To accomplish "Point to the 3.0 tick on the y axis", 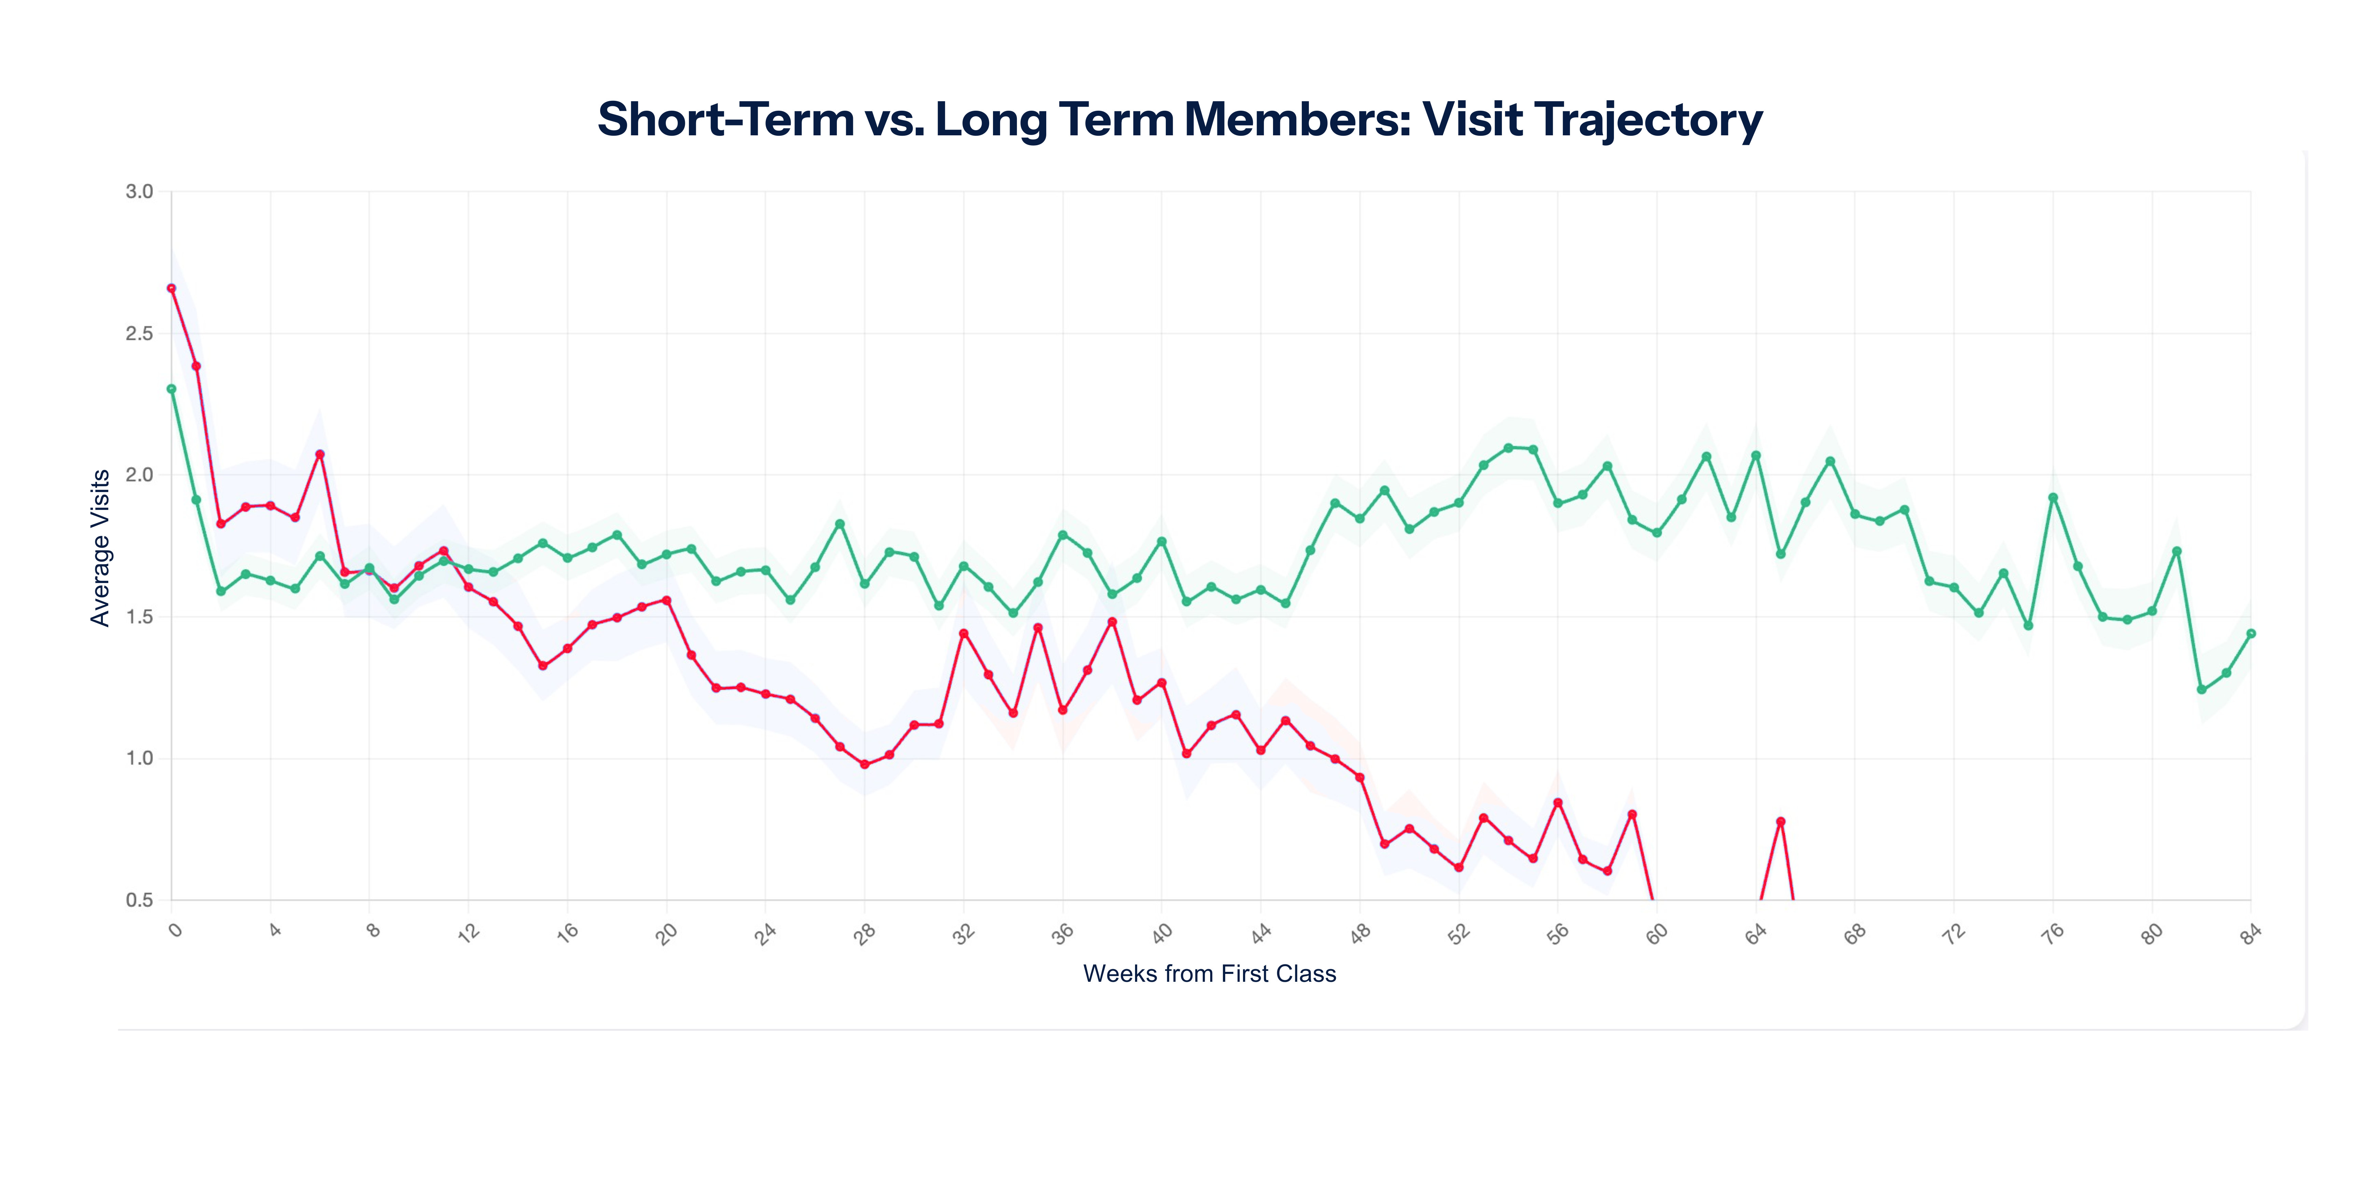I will coord(139,192).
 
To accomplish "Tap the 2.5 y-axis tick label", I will coord(139,334).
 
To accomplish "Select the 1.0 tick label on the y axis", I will coord(139,758).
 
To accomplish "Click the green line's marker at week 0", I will coord(171,389).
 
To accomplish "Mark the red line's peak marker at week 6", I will coord(320,454).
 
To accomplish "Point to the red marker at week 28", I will coord(864,764).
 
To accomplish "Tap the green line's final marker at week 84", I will coord(2251,634).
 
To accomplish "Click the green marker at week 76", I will coord(2053,498).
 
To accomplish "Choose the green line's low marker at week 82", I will coord(2201,690).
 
